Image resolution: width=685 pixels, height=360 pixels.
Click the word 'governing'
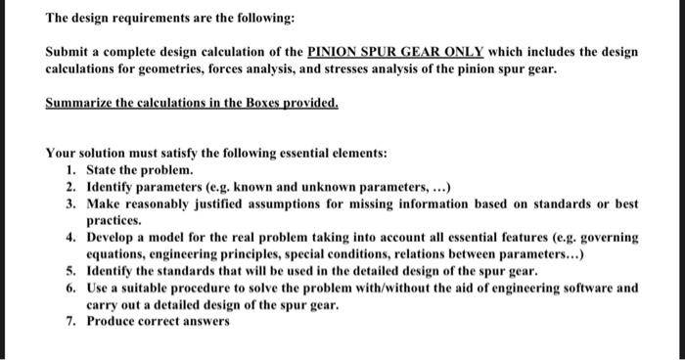[x=603, y=238]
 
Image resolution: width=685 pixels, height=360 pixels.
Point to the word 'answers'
[x=207, y=322]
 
